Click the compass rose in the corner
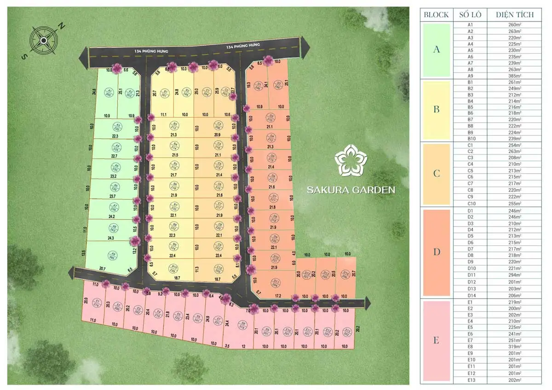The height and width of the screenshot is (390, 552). click(x=43, y=40)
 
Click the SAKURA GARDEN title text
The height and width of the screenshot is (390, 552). click(x=351, y=189)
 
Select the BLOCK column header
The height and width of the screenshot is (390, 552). click(x=436, y=15)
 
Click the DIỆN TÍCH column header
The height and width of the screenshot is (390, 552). click(x=515, y=15)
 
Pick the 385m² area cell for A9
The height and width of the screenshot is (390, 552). click(x=515, y=76)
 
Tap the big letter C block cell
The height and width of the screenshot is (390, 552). click(x=436, y=174)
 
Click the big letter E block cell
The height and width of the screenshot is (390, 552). click(x=436, y=340)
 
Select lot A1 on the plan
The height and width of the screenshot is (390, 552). click(x=109, y=92)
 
